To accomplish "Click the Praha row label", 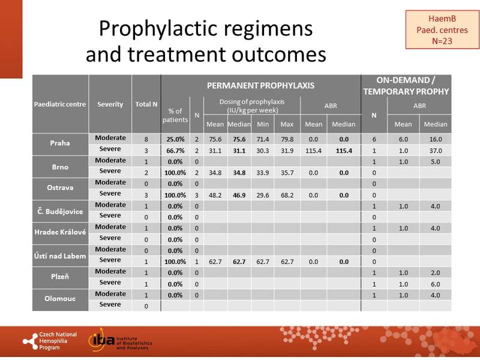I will pos(60,143).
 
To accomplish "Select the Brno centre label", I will pos(60,166).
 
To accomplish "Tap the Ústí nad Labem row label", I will pos(60,255).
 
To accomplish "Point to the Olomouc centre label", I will pos(60,299).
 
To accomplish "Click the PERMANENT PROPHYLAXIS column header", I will pos(260,85).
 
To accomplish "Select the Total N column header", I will pos(146,104).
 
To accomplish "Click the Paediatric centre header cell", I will pos(60,104).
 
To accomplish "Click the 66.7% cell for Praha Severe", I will pos(175,149).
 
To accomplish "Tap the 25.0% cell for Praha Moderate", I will pos(175,138).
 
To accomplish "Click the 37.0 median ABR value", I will pos(434,149).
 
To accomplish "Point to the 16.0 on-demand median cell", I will pos(434,138).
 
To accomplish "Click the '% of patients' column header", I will pos(175,115).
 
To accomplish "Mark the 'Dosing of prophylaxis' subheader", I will pos(251,105).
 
